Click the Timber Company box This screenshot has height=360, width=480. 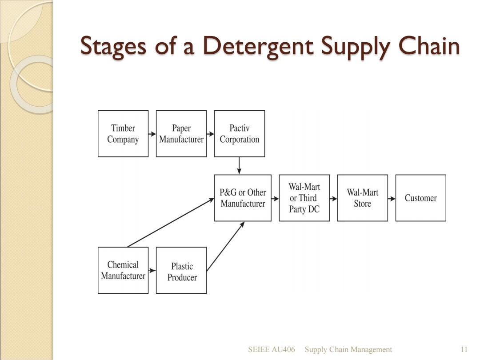point(123,134)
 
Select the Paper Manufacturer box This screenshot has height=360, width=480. point(181,134)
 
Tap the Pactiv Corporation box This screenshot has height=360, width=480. point(240,134)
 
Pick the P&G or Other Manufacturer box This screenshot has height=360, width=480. point(243,198)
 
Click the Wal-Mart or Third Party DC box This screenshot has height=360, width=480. point(304,198)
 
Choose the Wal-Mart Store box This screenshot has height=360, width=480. point(363,198)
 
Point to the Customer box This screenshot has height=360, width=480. point(420,198)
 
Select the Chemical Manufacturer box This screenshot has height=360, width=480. point(123,270)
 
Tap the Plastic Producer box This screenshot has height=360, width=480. point(181,270)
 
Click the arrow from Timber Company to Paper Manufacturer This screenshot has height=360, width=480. point(152,134)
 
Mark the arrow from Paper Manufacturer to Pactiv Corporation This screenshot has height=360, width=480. point(210,134)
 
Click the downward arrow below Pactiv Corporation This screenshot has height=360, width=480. point(239,166)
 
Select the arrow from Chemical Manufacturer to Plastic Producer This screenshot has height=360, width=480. point(152,270)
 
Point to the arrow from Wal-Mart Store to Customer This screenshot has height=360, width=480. point(392,199)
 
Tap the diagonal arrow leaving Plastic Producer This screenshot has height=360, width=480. point(225,246)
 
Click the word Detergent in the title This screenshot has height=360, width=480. point(258,46)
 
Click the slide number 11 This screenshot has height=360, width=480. point(464,349)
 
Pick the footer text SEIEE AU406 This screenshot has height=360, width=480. point(272,349)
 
